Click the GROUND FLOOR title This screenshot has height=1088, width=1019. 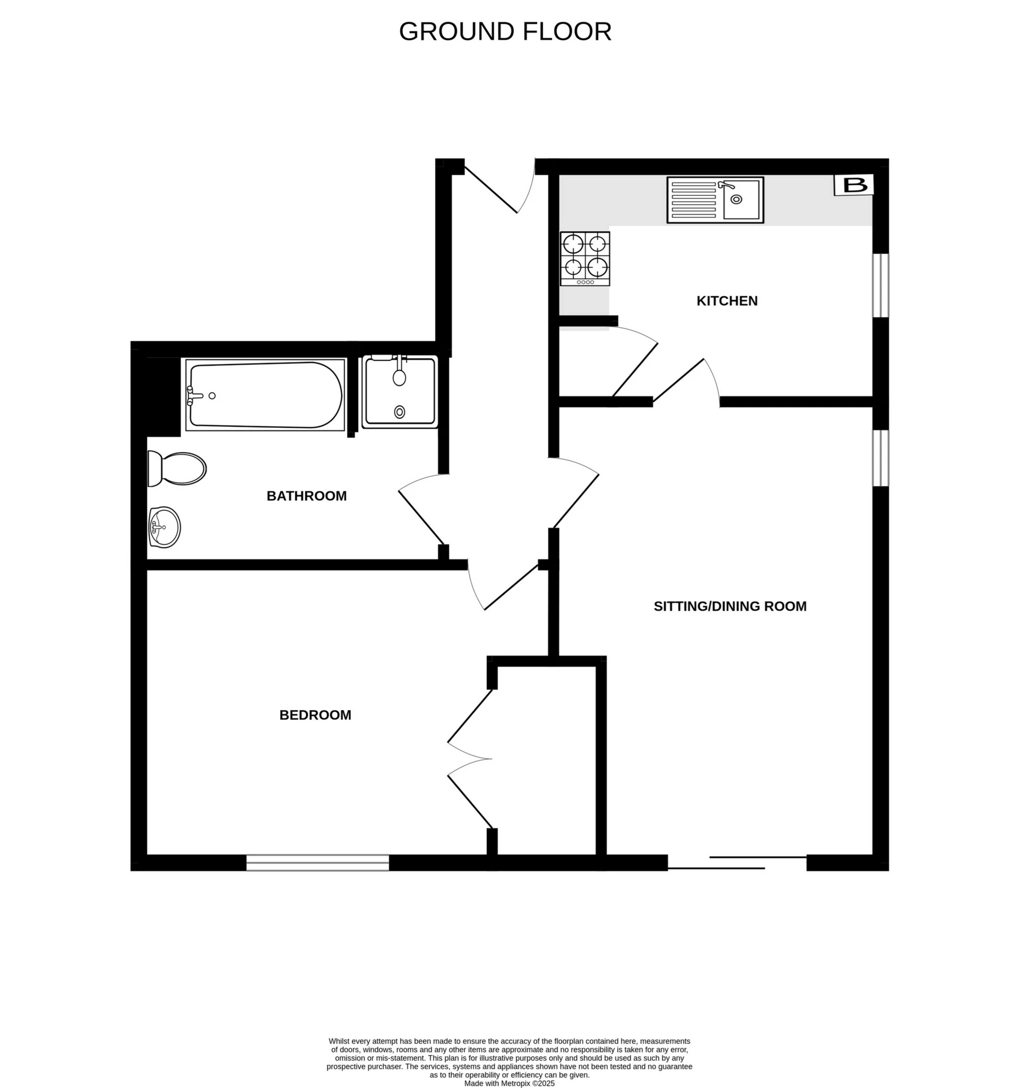pos(505,32)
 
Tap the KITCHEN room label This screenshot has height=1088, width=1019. pos(727,300)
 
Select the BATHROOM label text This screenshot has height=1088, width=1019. pos(306,496)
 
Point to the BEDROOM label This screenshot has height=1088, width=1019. pos(315,715)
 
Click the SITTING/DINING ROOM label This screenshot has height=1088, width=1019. pos(730,606)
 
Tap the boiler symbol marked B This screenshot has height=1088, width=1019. pos(854,185)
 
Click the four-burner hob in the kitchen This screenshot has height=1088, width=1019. pos(584,258)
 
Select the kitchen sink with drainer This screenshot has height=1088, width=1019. pos(715,200)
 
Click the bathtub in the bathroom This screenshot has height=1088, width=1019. pos(265,394)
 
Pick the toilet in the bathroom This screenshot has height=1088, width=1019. pos(176,469)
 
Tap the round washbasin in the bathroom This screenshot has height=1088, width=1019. pos(164,527)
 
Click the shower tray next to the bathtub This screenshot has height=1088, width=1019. pos(400,391)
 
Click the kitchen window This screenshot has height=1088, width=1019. pos(880,285)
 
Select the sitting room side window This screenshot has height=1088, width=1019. pos(880,458)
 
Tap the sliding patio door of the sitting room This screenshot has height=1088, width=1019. pos(737,862)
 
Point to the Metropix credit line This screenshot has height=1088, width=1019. pos(509,1083)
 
